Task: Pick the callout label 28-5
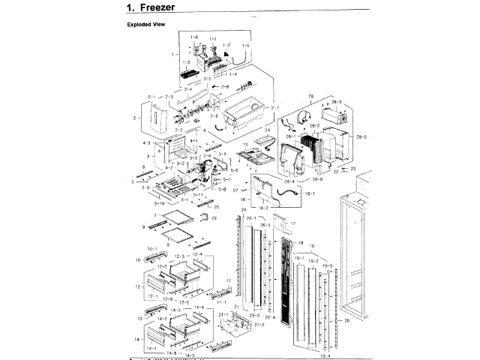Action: point(361,136)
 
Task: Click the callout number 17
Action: point(293,223)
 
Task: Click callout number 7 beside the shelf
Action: point(154,216)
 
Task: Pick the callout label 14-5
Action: point(190,355)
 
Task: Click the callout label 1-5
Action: point(245,46)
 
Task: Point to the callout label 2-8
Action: point(225,88)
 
